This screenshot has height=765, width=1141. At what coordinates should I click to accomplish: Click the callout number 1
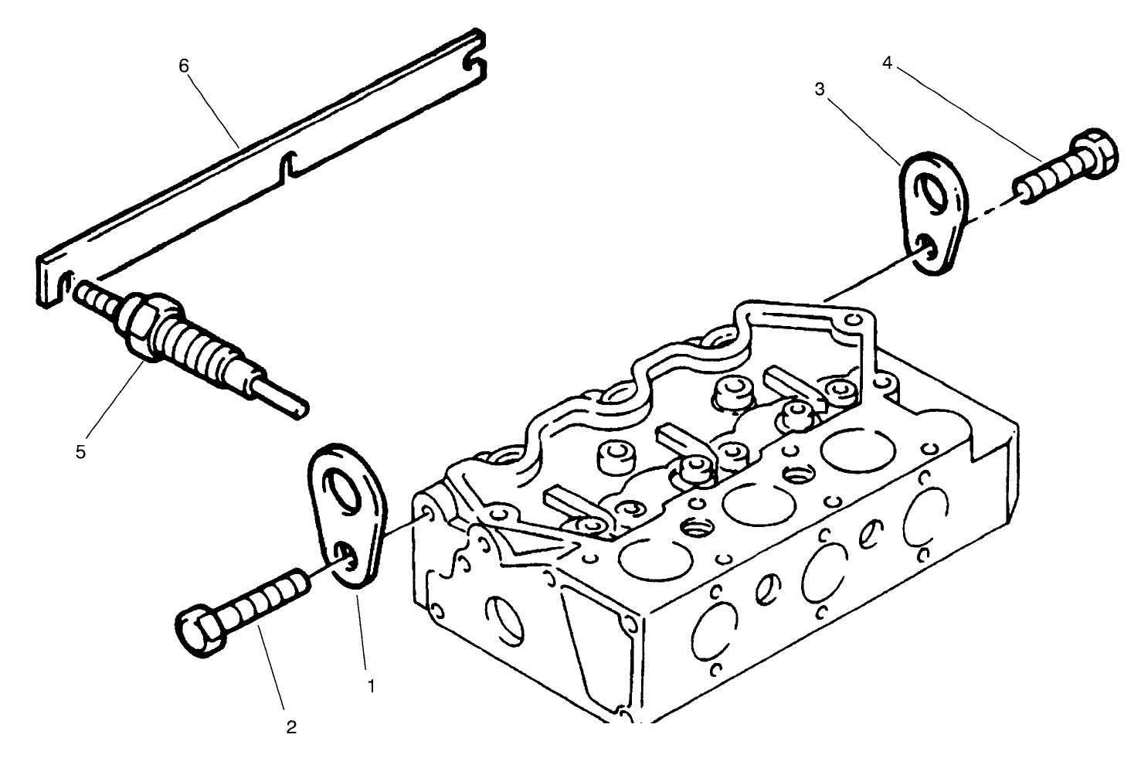[372, 685]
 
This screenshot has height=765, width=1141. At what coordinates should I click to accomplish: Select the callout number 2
[291, 727]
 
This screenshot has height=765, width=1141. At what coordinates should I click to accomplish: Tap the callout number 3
[820, 90]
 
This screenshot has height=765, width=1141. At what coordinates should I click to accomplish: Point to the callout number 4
[888, 63]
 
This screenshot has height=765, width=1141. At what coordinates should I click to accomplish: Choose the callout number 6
[183, 66]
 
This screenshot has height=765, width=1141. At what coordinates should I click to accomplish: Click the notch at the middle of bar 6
[287, 165]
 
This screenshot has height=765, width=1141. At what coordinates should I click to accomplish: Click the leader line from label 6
[212, 106]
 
